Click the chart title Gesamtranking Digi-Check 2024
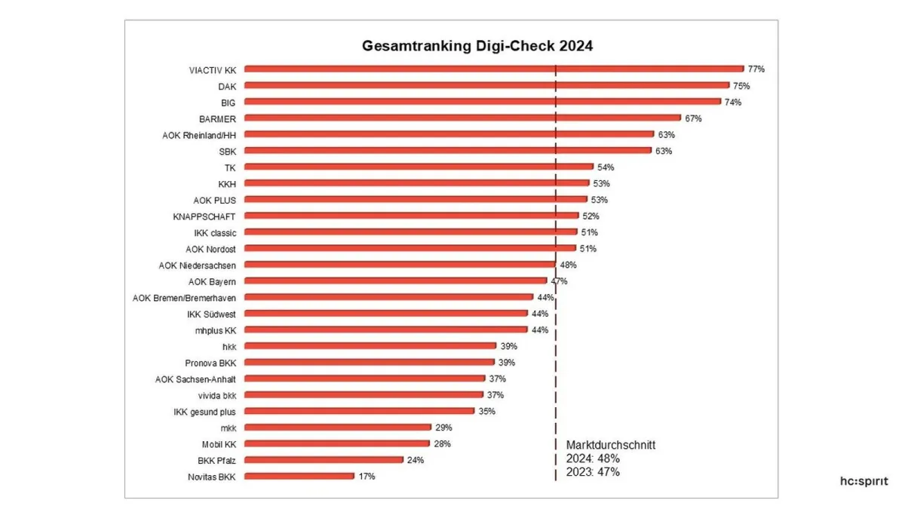(477, 46)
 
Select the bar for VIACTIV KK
(494, 69)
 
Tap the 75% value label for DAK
(741, 86)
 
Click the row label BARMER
(217, 118)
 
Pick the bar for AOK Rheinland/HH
(449, 134)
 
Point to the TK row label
(230, 167)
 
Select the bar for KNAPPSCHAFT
(411, 216)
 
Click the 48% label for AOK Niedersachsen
(568, 265)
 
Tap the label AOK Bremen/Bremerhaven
(184, 298)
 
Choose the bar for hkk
(370, 346)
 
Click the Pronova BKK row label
(210, 363)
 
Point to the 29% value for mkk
(443, 428)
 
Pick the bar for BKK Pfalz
(324, 460)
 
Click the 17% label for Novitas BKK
(367, 477)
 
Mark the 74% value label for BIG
(733, 102)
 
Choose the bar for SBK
(447, 151)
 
